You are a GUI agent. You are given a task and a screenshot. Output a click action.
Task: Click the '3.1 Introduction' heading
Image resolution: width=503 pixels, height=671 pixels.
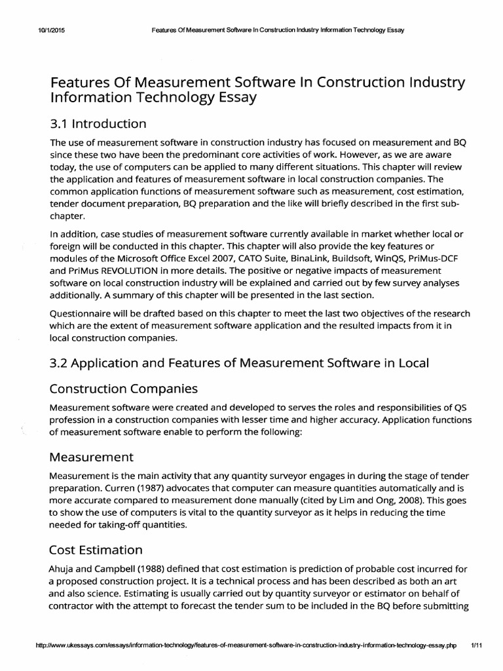pyautogui.click(x=98, y=123)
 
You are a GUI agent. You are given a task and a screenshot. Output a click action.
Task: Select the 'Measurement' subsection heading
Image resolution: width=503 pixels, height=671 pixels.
pyautogui.click(x=92, y=456)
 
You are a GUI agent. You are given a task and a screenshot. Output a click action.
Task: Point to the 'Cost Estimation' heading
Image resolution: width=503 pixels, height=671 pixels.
pyautogui.click(x=96, y=549)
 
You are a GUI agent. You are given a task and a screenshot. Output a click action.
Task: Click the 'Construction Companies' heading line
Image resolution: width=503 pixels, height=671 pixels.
pyautogui.click(x=124, y=389)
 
